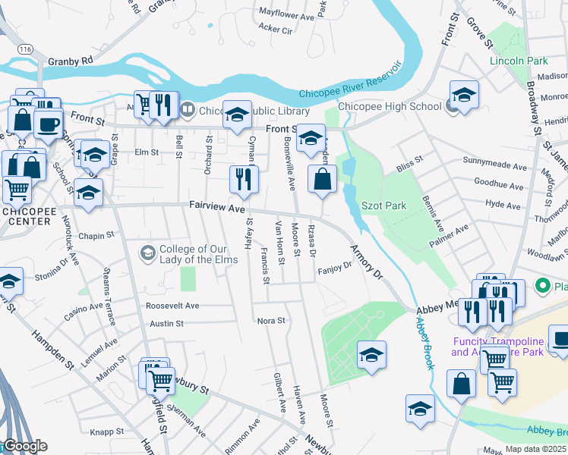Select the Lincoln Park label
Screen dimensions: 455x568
point(519,60)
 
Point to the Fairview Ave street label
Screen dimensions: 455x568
point(216,207)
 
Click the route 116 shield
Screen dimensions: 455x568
point(27,48)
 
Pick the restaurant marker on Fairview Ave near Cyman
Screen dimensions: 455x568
point(244,180)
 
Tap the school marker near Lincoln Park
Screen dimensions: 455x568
point(464,94)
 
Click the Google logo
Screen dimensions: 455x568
point(24,446)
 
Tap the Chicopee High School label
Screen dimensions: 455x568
point(390,107)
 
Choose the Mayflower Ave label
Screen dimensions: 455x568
point(286,13)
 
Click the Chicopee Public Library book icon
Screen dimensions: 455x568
point(188,110)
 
